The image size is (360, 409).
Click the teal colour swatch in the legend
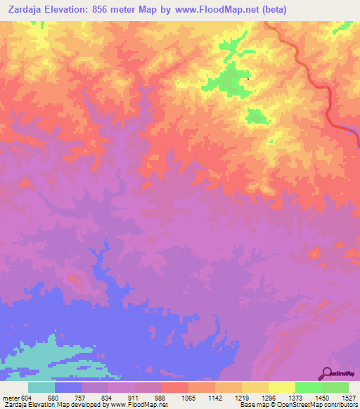[x=41, y=387]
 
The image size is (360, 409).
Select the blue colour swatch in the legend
[x=68, y=387]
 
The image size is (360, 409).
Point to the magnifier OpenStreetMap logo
[x=327, y=372]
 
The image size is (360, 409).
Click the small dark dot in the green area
[x=248, y=78]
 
